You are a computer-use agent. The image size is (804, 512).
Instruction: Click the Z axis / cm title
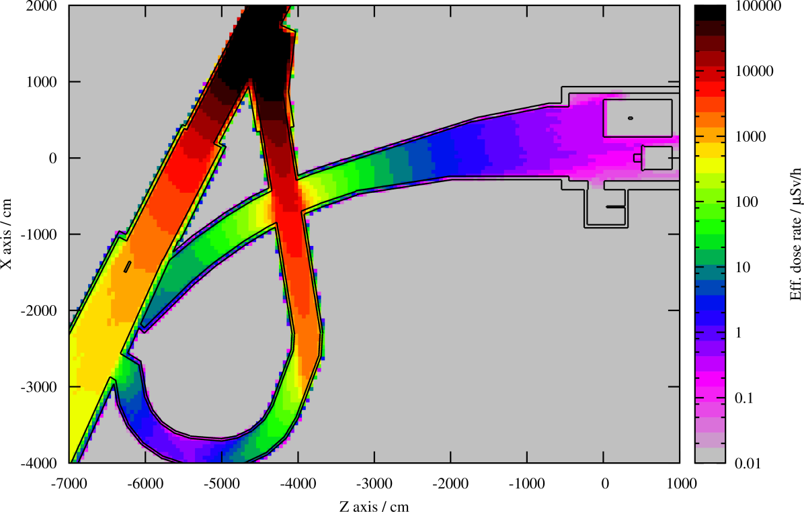point(374,506)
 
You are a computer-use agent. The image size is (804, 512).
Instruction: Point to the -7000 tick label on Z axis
point(69,483)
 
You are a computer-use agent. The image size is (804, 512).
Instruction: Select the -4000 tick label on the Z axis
point(298,483)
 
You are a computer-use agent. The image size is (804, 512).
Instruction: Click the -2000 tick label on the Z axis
point(450,483)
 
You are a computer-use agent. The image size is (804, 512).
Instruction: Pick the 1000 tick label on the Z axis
point(680,483)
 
